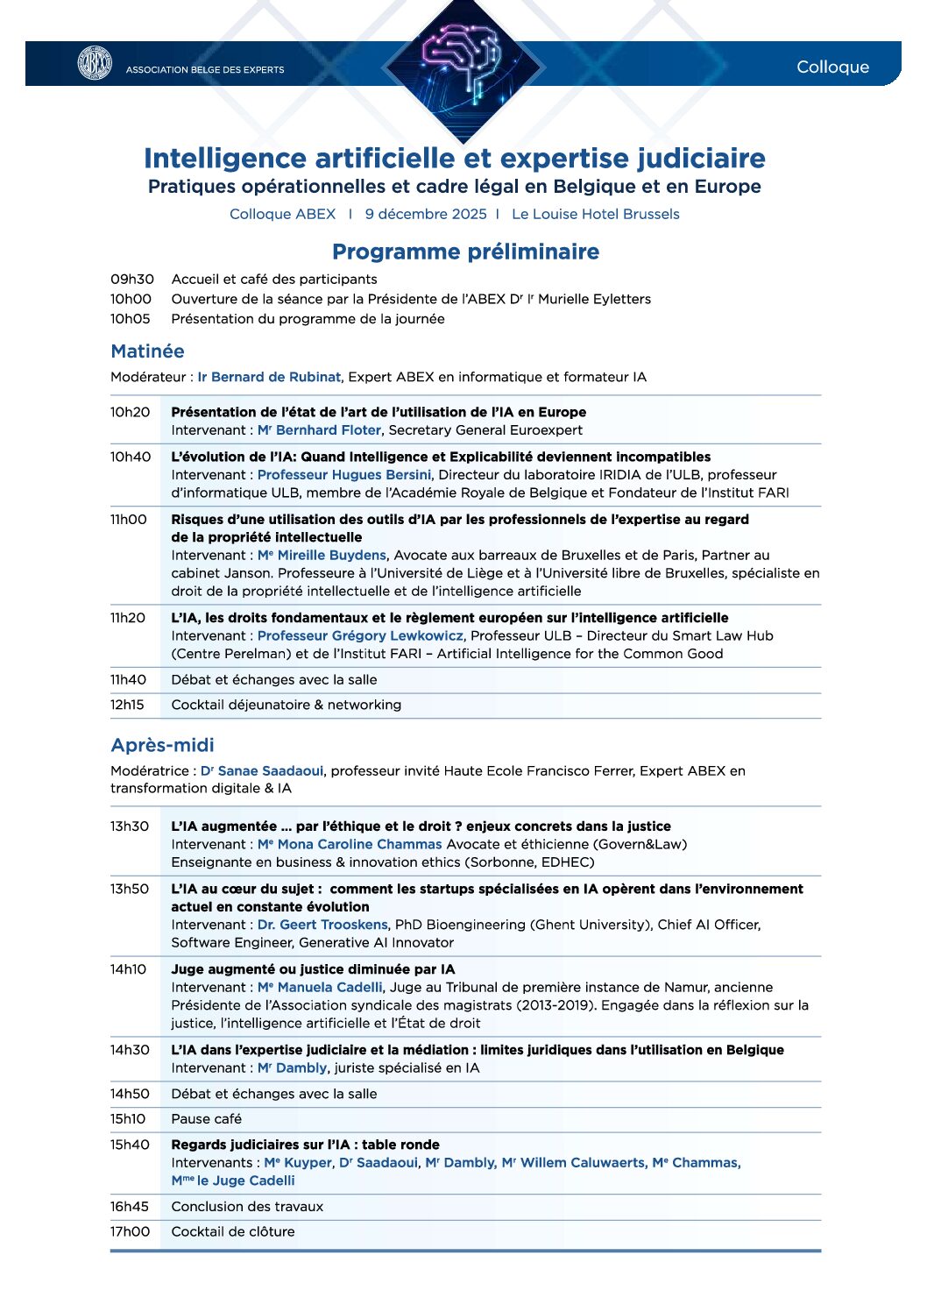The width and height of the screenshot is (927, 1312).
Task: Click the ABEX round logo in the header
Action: coord(95,63)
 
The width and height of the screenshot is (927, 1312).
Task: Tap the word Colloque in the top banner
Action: coord(832,67)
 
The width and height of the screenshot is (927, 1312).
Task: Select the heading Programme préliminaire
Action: coord(465,252)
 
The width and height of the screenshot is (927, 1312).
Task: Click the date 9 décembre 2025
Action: coord(426,214)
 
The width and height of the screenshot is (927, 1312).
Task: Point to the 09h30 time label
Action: coord(132,279)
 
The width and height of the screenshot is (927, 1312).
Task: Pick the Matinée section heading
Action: coord(147,351)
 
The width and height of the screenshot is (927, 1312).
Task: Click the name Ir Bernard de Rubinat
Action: coord(268,377)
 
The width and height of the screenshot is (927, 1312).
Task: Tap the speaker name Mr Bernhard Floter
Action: coord(319,430)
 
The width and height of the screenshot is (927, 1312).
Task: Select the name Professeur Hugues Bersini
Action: coord(344,475)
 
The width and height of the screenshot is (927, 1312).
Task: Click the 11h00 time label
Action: coord(129,520)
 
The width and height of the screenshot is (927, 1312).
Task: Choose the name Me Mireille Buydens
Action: coord(322,556)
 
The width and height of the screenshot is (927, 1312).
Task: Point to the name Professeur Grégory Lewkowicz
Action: coord(360,636)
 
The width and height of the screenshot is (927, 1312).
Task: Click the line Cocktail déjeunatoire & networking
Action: coord(287,705)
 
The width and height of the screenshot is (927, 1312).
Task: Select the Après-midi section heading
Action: coord(162,745)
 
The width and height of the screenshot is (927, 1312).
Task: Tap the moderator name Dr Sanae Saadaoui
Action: coord(262,771)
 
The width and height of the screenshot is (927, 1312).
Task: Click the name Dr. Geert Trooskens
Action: coord(322,925)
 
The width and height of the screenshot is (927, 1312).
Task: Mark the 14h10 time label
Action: coord(129,969)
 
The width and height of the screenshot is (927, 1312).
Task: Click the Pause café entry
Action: coord(206,1119)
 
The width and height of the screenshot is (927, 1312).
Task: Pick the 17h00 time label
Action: coord(130,1231)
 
